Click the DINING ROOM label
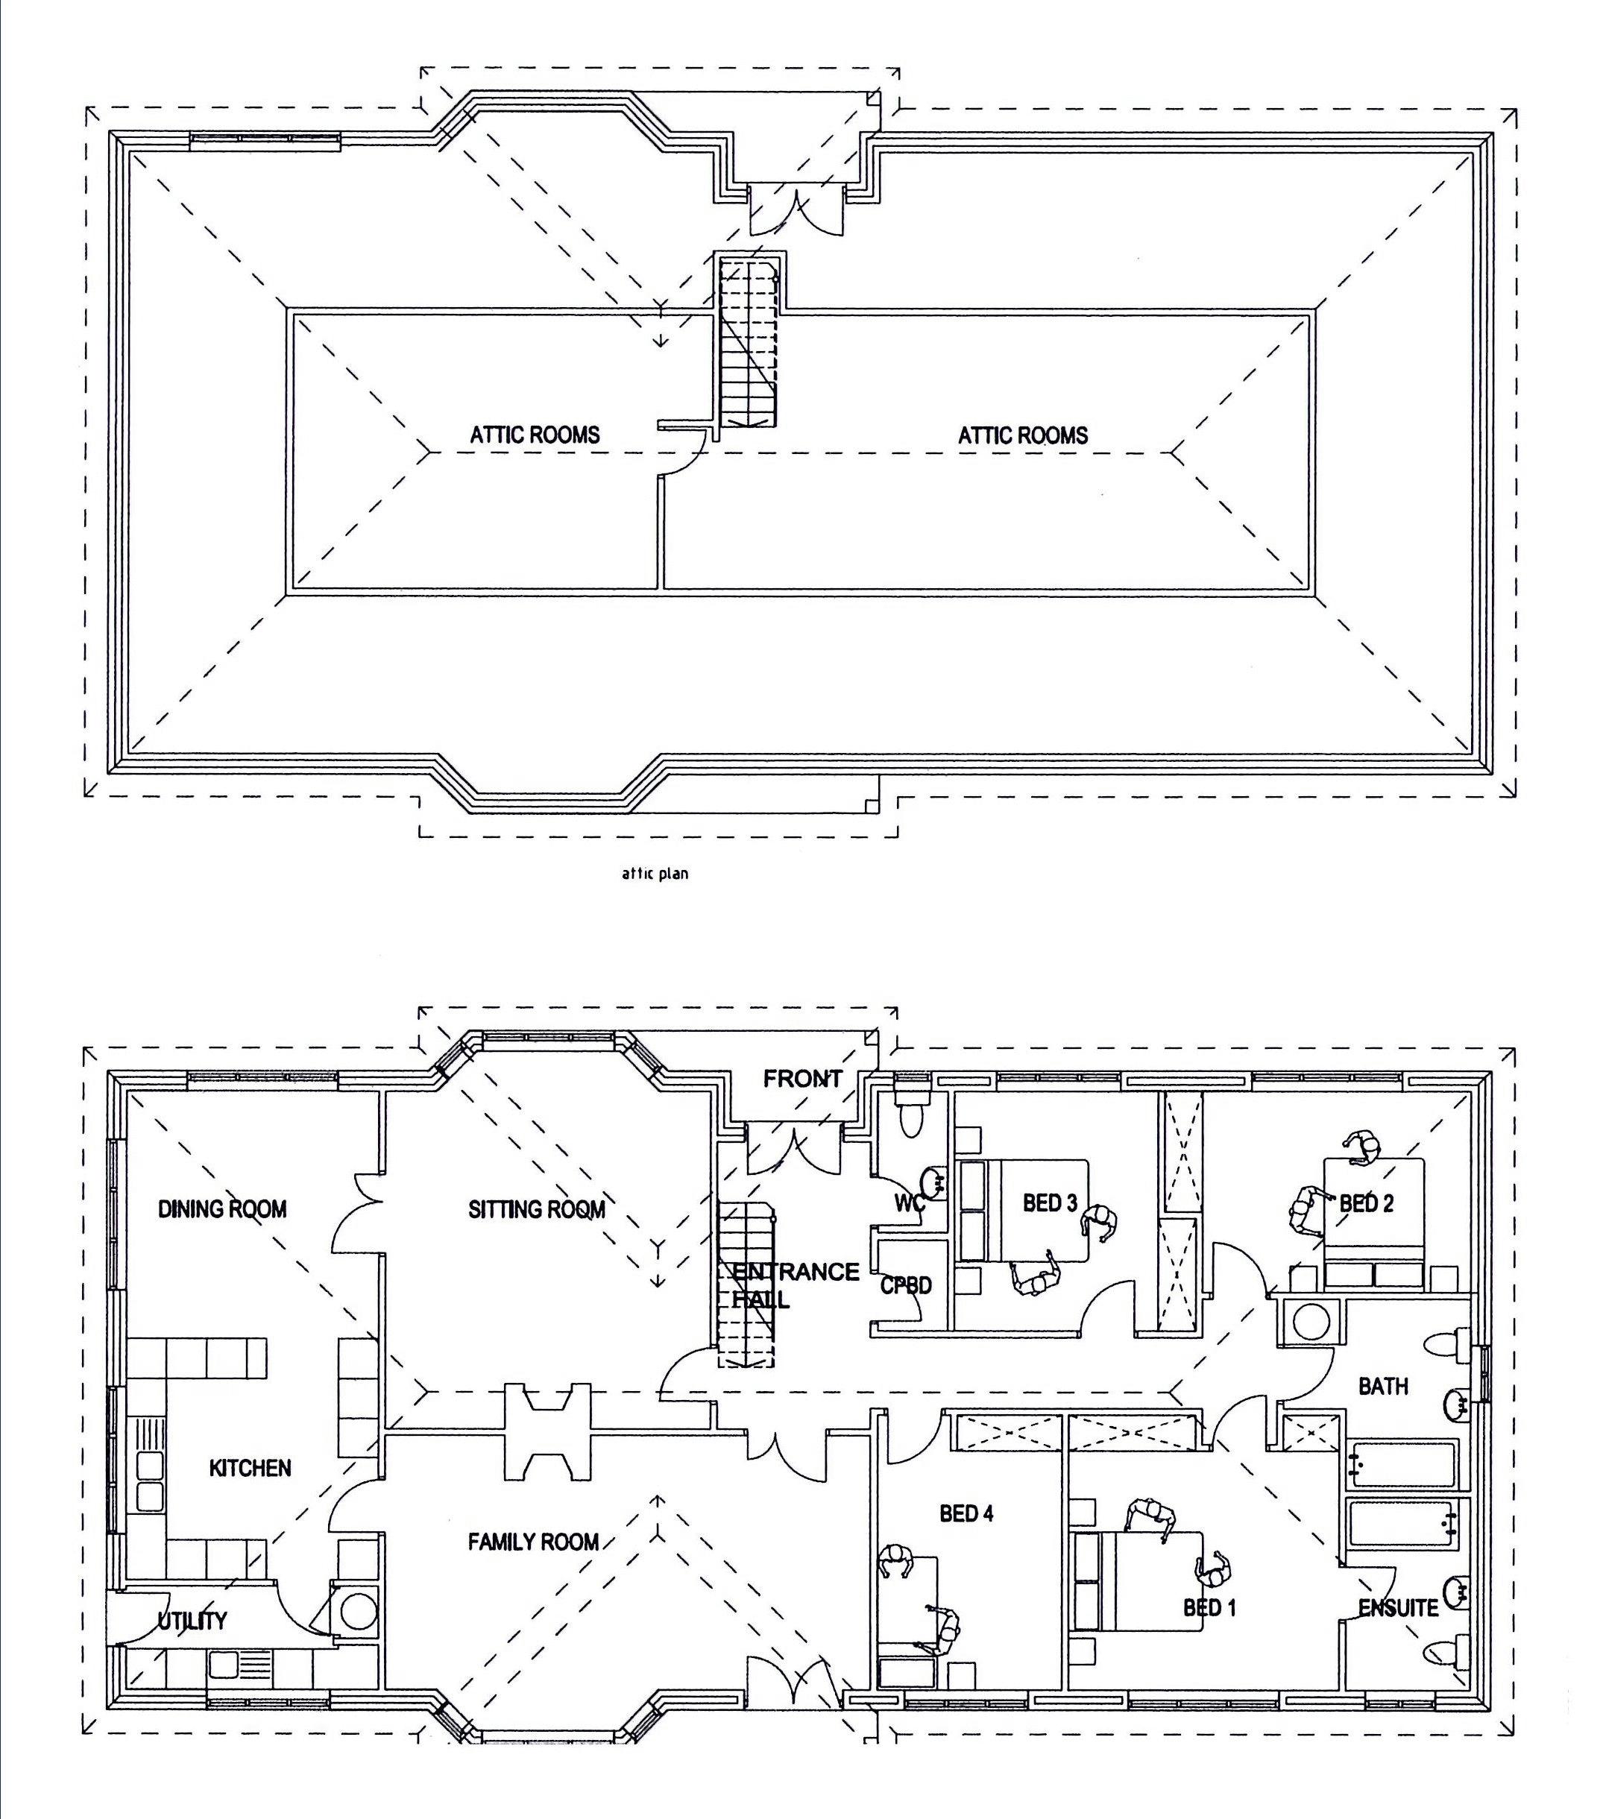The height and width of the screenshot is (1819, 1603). click(222, 1208)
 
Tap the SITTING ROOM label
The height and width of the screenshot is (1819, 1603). click(537, 1208)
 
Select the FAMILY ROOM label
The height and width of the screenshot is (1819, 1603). click(533, 1542)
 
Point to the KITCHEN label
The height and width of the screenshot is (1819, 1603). click(250, 1467)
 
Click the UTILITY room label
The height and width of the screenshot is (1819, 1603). click(192, 1621)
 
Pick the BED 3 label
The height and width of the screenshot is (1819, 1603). click(1051, 1203)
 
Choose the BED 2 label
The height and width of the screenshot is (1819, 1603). click(1366, 1203)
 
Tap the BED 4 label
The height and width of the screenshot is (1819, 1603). click(966, 1513)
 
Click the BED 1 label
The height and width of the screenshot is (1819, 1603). click(1209, 1607)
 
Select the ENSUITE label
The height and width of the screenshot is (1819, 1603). click(1398, 1607)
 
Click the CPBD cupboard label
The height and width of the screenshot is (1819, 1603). click(906, 1285)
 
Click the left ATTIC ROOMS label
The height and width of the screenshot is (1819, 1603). click(535, 435)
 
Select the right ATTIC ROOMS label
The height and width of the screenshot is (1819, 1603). click(1023, 435)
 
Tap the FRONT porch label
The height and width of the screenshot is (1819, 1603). click(802, 1079)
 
